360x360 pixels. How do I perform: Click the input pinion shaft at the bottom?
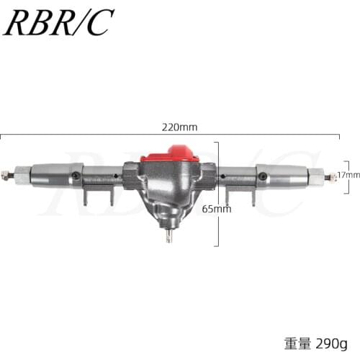[x=169, y=236]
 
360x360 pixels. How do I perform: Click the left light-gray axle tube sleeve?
[x=54, y=174]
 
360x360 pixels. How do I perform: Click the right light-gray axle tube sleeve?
[x=284, y=176]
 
